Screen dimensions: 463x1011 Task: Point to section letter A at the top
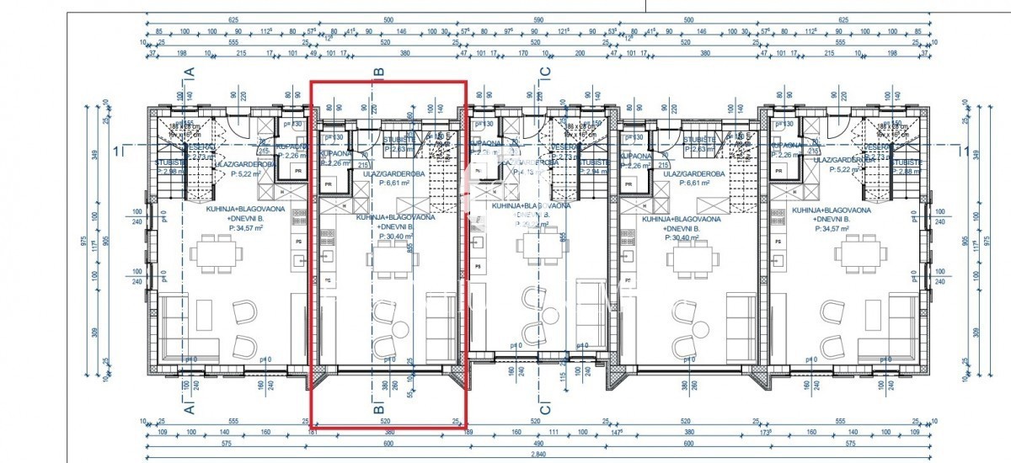[190, 73]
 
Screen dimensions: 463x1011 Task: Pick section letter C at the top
[545, 73]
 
